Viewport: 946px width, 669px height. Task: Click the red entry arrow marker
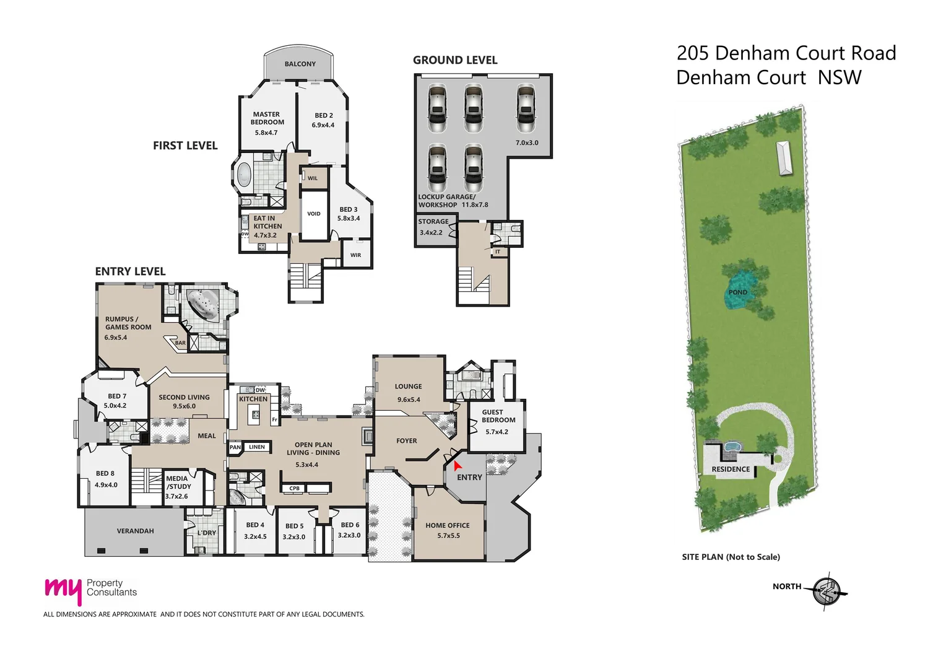tap(458, 465)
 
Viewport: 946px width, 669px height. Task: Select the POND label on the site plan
tap(737, 292)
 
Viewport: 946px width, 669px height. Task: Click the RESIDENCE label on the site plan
tap(731, 470)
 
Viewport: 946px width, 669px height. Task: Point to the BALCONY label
tap(300, 64)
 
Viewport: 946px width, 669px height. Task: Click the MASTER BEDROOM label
tap(266, 118)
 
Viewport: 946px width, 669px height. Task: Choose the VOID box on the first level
tap(314, 214)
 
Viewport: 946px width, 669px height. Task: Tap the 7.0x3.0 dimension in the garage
tap(527, 143)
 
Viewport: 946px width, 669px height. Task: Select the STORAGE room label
tap(433, 222)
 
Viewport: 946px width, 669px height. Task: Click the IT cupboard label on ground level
tap(498, 251)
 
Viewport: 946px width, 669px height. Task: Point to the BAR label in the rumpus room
tap(180, 343)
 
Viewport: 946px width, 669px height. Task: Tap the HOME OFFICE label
tap(447, 525)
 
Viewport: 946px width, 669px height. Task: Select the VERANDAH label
tap(135, 531)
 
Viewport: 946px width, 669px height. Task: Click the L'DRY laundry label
tap(206, 533)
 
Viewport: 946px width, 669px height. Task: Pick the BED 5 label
tap(294, 526)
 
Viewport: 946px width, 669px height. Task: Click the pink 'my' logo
tap(63, 590)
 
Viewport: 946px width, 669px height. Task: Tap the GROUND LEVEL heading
tap(455, 60)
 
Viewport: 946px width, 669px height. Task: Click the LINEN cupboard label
tap(257, 447)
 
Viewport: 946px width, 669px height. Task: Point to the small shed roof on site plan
tap(784, 158)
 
